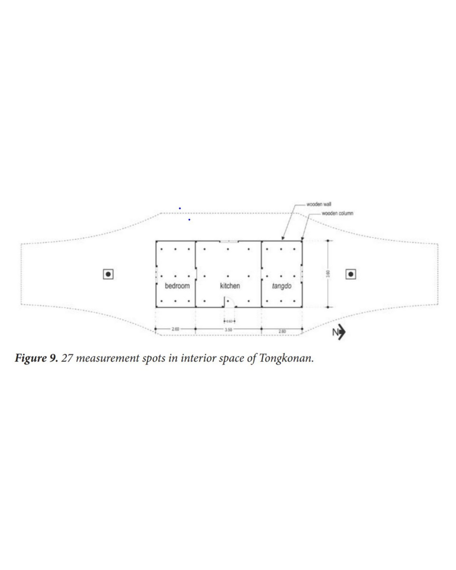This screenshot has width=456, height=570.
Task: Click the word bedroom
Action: point(177,286)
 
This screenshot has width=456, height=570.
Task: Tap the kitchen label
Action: point(230,286)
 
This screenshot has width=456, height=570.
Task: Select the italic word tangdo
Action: point(282,286)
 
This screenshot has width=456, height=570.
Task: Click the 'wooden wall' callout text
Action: point(319,204)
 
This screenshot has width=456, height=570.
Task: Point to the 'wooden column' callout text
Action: point(337,213)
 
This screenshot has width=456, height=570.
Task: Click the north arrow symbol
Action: point(339,332)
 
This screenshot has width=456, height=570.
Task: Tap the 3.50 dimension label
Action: point(228,329)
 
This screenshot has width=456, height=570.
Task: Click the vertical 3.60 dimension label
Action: point(328,274)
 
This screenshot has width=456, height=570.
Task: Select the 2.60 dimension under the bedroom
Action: point(175,328)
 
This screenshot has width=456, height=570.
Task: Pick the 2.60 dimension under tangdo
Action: point(282,331)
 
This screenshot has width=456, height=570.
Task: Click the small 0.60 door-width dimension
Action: point(229,321)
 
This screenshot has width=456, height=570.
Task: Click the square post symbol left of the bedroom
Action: point(108,274)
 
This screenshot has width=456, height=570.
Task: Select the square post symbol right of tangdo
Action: point(350,274)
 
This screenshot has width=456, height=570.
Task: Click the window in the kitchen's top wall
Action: point(228,242)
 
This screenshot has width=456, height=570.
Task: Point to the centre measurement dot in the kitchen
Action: point(228,277)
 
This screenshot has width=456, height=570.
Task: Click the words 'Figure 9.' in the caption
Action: point(36,358)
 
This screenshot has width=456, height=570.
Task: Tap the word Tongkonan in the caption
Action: point(286,358)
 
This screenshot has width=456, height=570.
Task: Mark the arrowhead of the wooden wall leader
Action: point(283,239)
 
